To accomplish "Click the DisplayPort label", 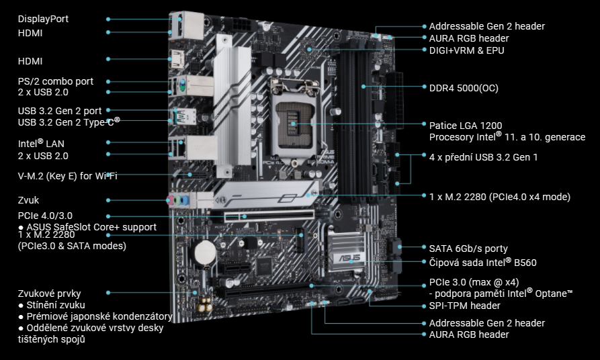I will click(x=43, y=19).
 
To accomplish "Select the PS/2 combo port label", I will click(x=55, y=81).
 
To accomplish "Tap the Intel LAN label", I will click(x=41, y=144).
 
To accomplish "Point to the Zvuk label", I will click(x=29, y=200).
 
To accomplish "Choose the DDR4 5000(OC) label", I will click(x=464, y=88).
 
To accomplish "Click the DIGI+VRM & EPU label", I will click(x=466, y=50).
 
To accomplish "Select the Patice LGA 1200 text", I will click(x=465, y=126).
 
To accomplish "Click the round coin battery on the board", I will click(x=204, y=253).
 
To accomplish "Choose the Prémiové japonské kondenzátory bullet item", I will click(x=95, y=316).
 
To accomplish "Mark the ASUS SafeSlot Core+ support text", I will click(x=91, y=227).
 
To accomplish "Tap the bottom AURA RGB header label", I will click(x=469, y=334).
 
